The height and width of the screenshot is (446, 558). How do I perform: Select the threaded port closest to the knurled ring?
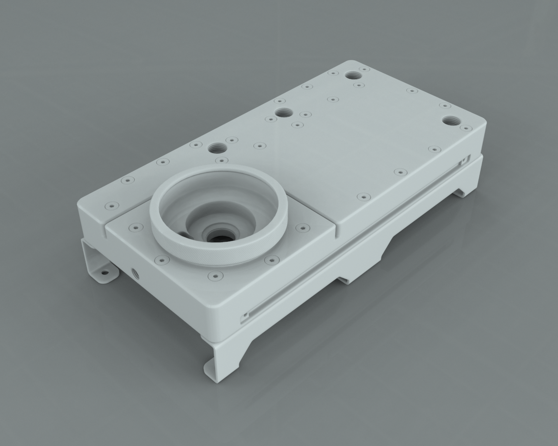click(217, 148)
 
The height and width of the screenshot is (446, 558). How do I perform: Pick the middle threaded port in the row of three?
click(283, 112)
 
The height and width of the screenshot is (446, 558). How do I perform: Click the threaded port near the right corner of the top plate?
click(450, 121)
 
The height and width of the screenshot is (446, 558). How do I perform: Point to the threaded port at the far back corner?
click(352, 75)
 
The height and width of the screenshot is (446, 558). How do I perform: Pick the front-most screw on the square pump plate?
click(214, 275)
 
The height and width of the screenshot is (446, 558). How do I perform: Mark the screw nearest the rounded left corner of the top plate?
click(111, 204)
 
